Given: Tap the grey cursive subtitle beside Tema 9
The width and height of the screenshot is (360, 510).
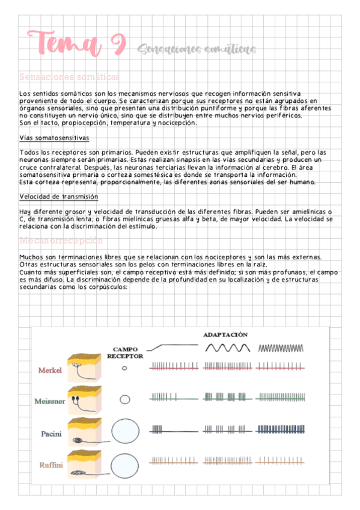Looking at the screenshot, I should point(196,49).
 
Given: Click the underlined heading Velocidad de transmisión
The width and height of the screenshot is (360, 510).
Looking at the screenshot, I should point(59,197).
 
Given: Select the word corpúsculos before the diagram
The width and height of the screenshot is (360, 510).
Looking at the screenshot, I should point(108,287).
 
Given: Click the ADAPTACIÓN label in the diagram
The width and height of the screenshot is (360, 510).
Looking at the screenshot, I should point(225,334).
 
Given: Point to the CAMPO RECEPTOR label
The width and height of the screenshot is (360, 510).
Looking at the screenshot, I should point(125,352).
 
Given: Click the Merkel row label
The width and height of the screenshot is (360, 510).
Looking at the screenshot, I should point(50,370).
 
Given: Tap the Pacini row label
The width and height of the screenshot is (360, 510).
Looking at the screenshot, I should point(50,433).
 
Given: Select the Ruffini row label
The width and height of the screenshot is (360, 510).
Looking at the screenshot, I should point(50,465).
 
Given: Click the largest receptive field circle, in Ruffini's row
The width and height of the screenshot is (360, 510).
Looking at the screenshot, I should point(125,461).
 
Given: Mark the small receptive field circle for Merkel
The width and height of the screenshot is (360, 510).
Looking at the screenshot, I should point(124,369).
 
